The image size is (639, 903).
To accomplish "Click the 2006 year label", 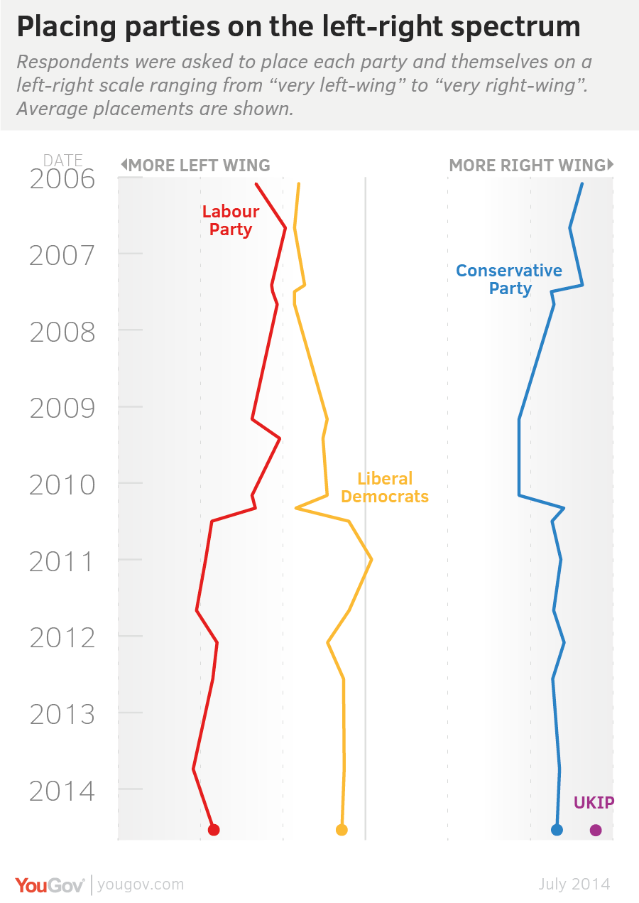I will click(62, 179).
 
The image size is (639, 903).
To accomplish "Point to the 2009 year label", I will click(62, 409).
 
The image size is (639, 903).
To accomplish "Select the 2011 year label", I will click(62, 562).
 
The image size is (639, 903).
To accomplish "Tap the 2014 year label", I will click(62, 791).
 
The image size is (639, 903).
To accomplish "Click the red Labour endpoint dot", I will click(213, 829).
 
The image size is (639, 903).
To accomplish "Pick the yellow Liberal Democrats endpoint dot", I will click(342, 829).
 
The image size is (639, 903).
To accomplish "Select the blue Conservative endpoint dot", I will click(557, 829).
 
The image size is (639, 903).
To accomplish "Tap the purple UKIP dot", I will click(596, 829).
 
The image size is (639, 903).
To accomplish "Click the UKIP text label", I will click(594, 804).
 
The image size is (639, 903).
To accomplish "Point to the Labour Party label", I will click(231, 220).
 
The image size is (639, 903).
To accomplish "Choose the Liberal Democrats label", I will click(385, 487).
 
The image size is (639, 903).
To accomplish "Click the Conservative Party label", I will click(509, 279).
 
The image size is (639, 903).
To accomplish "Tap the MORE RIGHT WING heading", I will click(528, 166).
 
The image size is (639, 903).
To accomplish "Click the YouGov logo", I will click(50, 885).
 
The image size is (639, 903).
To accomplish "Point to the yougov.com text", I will click(141, 885).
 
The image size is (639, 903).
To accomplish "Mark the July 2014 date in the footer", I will click(574, 885).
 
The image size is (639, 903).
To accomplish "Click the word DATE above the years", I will click(63, 160).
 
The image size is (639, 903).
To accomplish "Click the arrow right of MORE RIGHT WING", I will click(611, 165).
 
